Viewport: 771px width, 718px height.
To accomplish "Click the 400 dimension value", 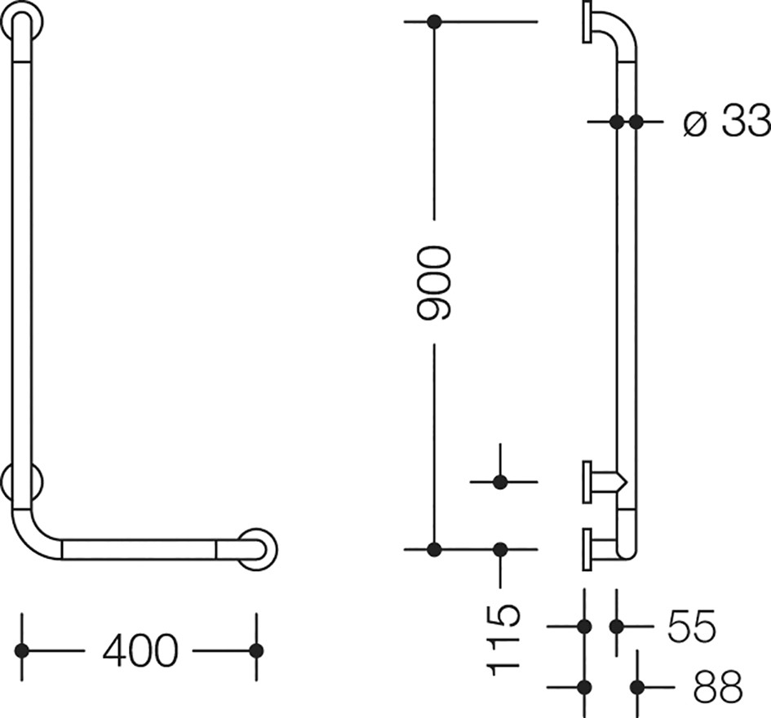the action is [x=140, y=650].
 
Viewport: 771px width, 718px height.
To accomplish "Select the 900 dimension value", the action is [x=433, y=284].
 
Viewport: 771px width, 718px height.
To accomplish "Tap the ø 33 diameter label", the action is [x=726, y=121].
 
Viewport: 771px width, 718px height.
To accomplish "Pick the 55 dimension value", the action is [x=691, y=627].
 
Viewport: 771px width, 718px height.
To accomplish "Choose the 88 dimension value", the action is [x=717, y=686].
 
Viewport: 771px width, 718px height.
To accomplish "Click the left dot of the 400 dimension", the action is [x=22, y=650].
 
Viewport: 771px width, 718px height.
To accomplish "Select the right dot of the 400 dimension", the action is [x=256, y=650].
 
